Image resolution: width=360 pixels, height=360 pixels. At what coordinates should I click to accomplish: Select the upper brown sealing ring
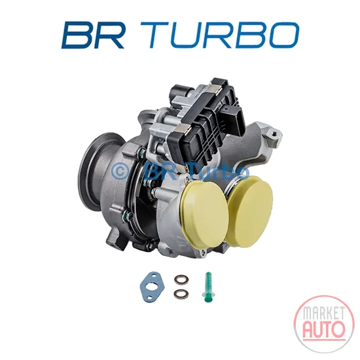point(181,279)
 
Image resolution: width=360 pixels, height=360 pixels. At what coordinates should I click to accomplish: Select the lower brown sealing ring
point(181,293)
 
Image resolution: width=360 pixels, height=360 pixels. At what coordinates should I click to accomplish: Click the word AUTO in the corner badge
point(324,329)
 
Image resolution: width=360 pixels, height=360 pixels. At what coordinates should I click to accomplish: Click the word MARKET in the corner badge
point(324,313)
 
